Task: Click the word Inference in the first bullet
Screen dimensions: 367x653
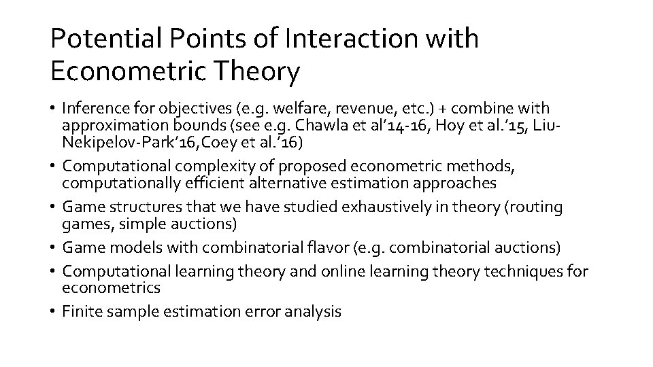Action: pyautogui.click(x=89, y=108)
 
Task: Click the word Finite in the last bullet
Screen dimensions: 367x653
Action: pyautogui.click(x=80, y=311)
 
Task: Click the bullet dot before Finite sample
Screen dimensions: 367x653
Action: pyautogui.click(x=53, y=312)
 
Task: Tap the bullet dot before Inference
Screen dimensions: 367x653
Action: pyautogui.click(x=53, y=109)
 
